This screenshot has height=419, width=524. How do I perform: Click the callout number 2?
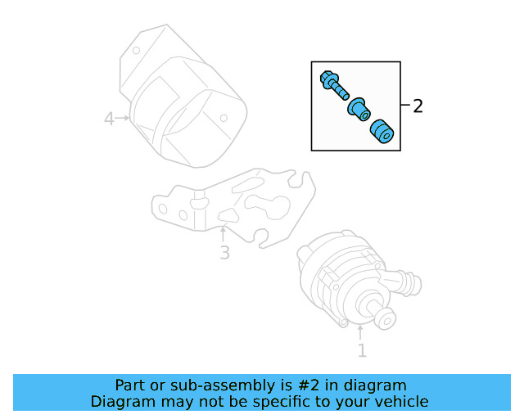pyautogui.click(x=418, y=106)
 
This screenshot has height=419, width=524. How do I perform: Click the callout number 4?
pyautogui.click(x=109, y=119)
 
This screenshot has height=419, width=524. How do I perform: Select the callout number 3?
pyautogui.click(x=224, y=253)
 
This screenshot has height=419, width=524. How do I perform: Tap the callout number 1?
pyautogui.click(x=361, y=351)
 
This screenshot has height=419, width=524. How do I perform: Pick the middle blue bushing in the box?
pyautogui.click(x=358, y=109)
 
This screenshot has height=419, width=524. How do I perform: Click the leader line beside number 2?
pyautogui.click(x=405, y=106)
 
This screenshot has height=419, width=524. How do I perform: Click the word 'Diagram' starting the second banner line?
pyautogui.click(x=120, y=402)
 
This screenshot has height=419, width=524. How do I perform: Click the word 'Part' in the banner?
pyautogui.click(x=130, y=385)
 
